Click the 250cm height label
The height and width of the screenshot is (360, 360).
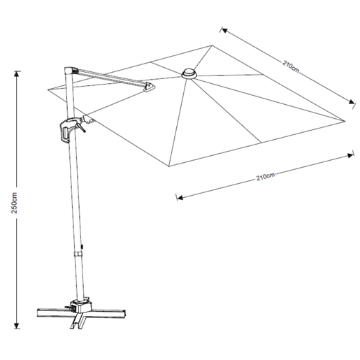pyautogui.click(x=15, y=203)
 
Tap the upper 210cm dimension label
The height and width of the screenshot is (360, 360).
pyautogui.click(x=291, y=66)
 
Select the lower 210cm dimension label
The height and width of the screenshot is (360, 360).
pyautogui.click(x=266, y=177)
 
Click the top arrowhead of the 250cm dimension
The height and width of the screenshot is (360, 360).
pyautogui.click(x=16, y=74)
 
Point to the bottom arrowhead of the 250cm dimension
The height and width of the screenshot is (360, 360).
pyautogui.click(x=16, y=326)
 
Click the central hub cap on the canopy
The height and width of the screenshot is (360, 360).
pyautogui.click(x=189, y=73)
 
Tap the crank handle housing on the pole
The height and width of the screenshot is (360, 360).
pyautogui.click(x=69, y=130)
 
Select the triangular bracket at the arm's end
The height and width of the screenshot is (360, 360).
pyautogui.click(x=149, y=87)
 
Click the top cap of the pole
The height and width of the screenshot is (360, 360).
pyautogui.click(x=69, y=71)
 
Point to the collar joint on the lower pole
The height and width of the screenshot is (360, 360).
pyautogui.click(x=78, y=254)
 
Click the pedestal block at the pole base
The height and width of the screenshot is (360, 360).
pyautogui.click(x=82, y=306)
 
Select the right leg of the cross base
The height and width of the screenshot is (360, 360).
pyautogui.click(x=108, y=313)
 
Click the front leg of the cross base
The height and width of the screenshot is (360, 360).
pyautogui.click(x=78, y=320)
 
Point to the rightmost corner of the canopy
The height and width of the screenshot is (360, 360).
pyautogui.click(x=345, y=121)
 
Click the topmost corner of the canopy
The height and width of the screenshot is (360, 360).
pyautogui.click(x=212, y=45)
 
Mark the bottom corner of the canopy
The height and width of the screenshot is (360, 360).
pyautogui.click(x=168, y=166)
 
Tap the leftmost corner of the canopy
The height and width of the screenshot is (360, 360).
pyautogui.click(x=48, y=89)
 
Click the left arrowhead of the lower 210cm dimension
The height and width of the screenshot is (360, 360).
pyautogui.click(x=180, y=198)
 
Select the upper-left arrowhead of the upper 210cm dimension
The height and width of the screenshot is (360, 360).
pyautogui.click(x=224, y=30)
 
